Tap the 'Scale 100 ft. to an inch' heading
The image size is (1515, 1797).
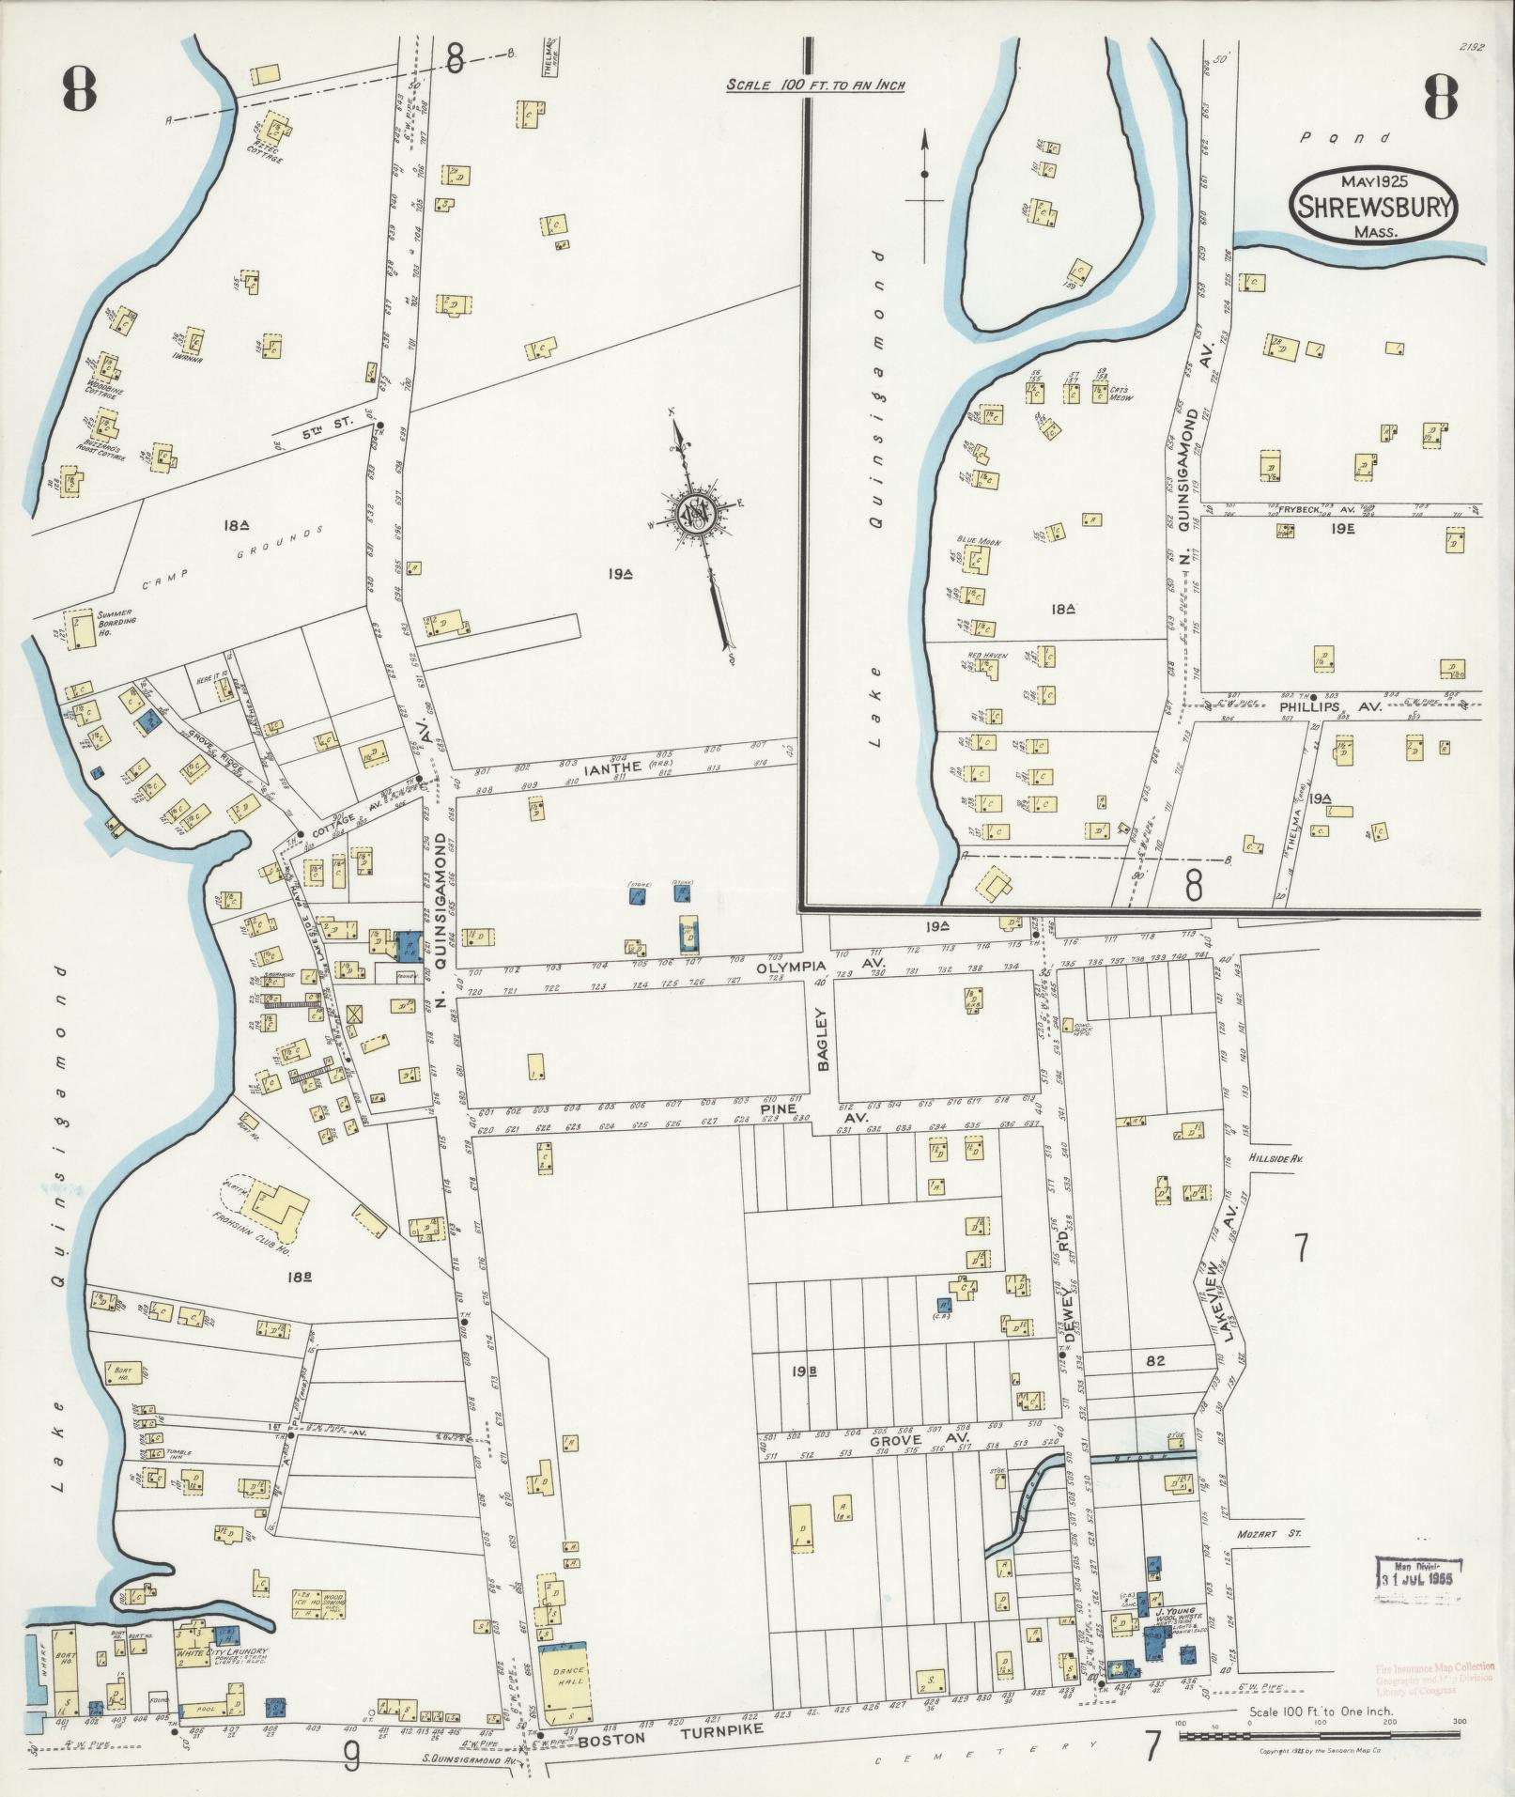[x=814, y=85]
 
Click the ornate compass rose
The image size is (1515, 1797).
[x=696, y=514]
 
